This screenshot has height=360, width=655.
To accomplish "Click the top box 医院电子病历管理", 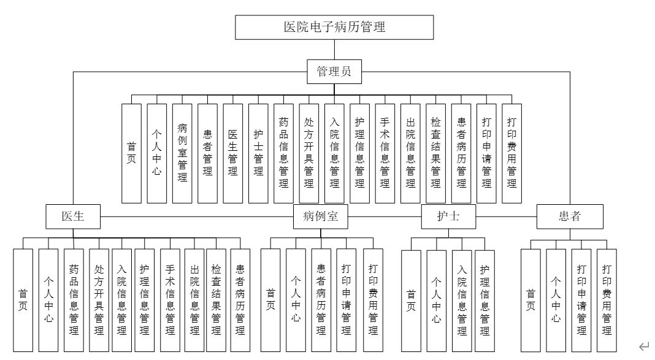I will tap(334, 27).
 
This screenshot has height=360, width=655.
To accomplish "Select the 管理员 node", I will tap(334, 72).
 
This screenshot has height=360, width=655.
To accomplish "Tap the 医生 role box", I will tap(72, 216).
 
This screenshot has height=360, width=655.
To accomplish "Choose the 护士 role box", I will tap(449, 216).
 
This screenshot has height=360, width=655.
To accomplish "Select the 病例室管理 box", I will tap(182, 153).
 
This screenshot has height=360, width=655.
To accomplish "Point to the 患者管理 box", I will tap(207, 153).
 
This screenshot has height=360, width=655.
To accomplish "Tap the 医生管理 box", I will tap(232, 153).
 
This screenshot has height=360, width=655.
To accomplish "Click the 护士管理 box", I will tap(258, 153).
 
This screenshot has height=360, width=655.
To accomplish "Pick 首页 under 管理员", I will tap(131, 153).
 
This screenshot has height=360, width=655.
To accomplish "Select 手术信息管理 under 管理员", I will tap(385, 153).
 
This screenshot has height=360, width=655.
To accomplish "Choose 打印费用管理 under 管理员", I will tap(511, 153).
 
